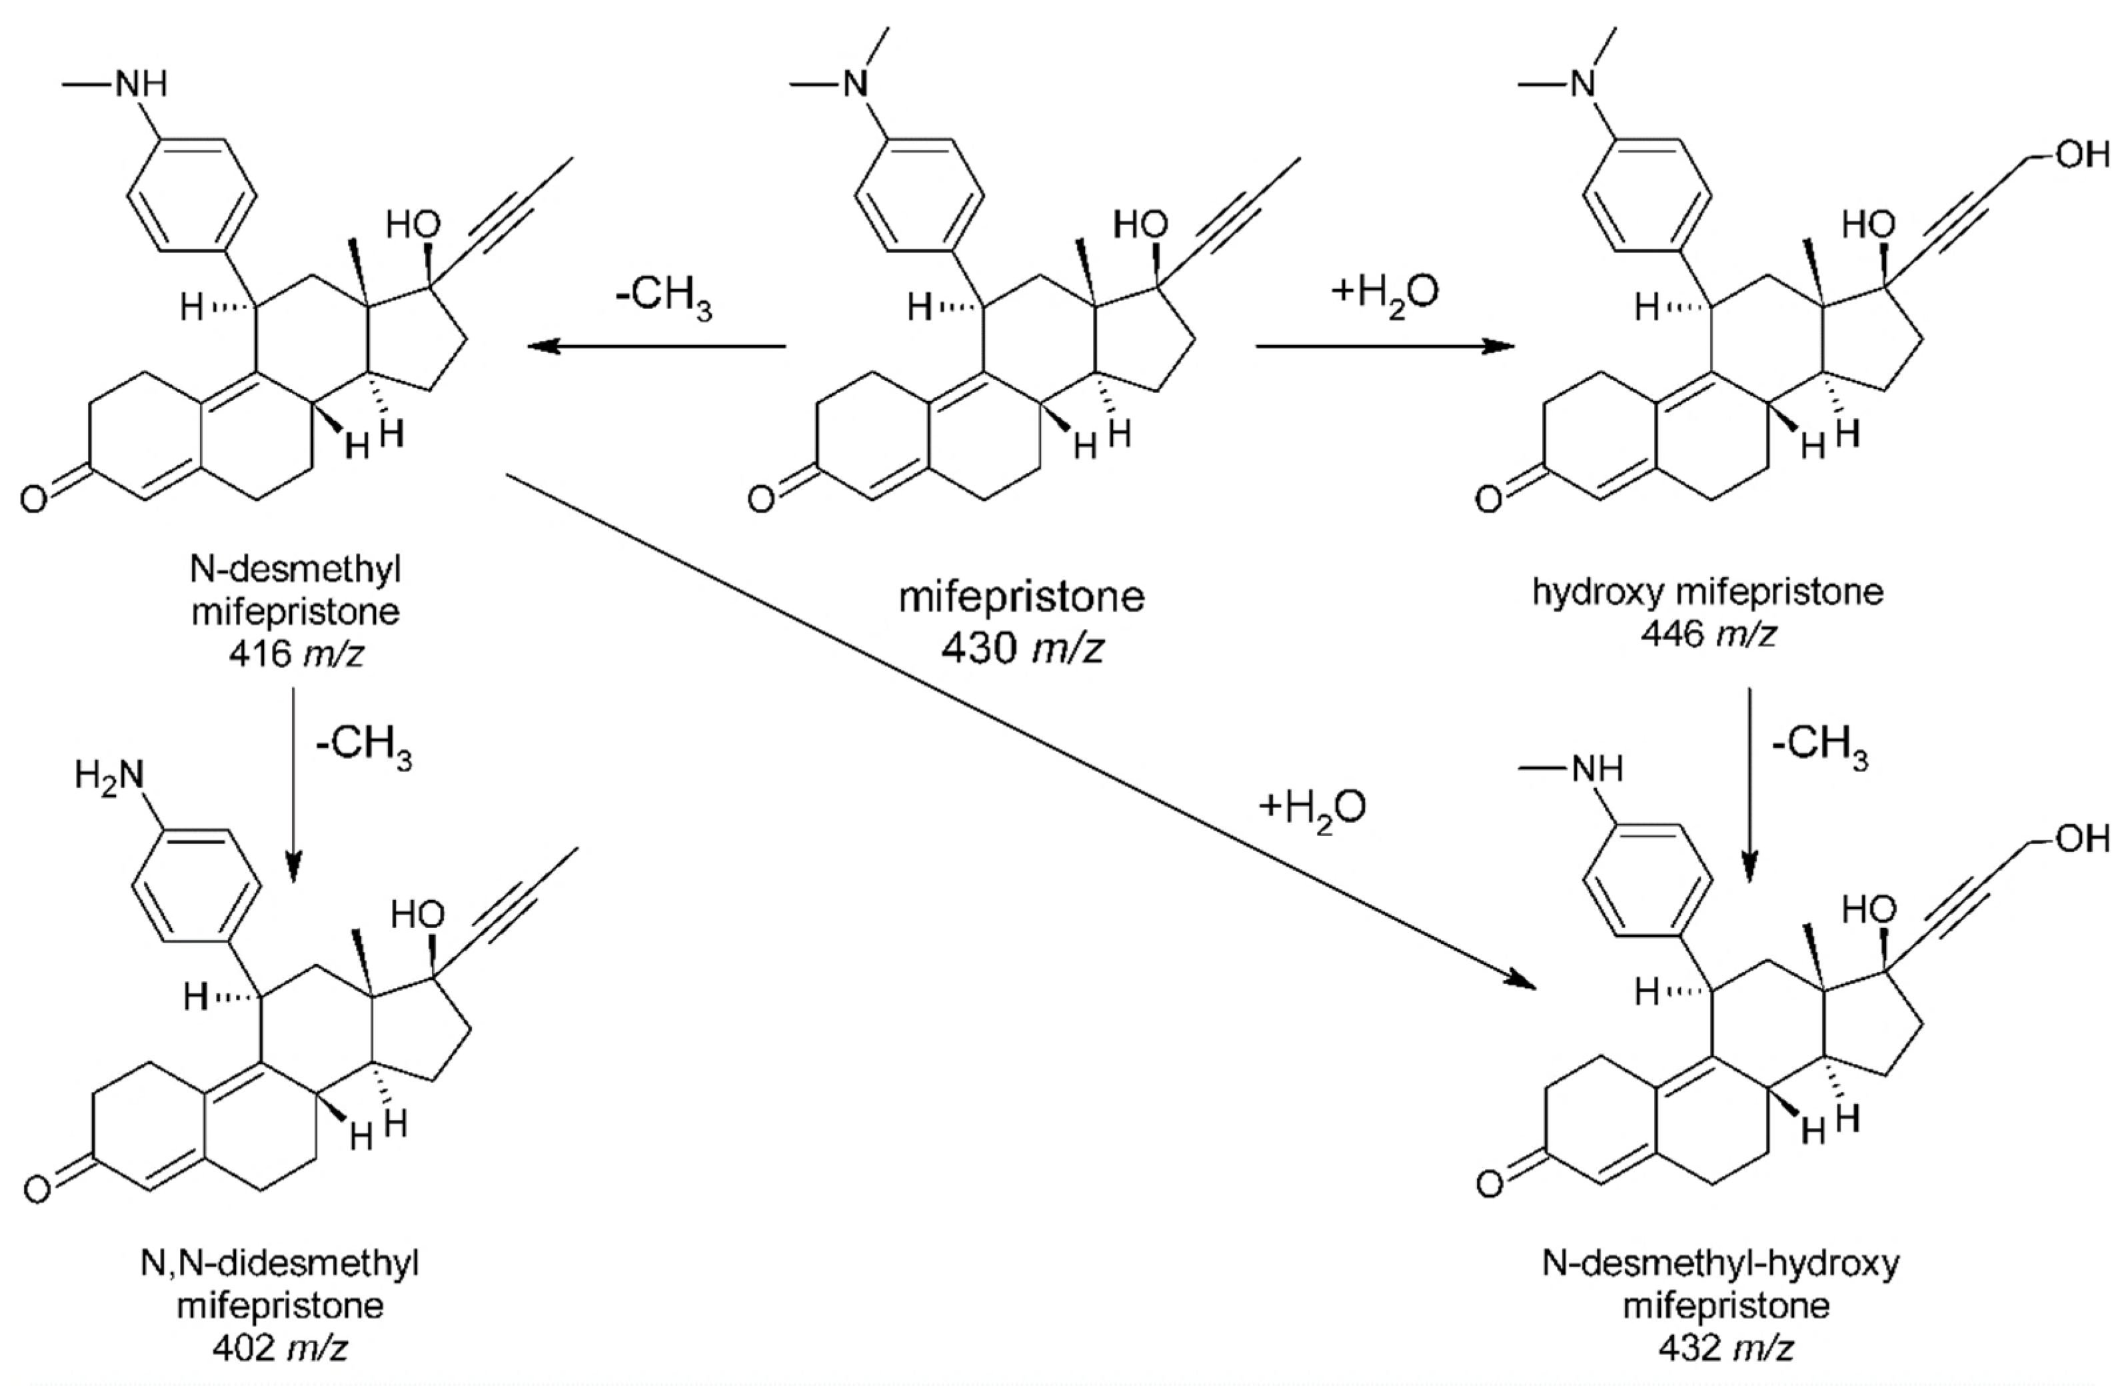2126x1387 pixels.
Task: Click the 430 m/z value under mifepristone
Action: (1021, 648)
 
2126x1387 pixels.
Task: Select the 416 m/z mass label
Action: (296, 655)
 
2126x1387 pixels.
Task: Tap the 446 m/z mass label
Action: (1707, 634)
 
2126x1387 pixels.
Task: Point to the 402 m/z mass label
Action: (280, 1348)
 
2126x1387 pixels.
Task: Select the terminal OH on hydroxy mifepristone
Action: (2082, 154)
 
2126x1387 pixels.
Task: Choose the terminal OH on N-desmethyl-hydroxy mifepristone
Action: (2082, 839)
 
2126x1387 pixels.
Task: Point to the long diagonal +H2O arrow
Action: (1018, 729)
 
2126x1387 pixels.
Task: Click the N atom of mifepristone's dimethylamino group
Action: (856, 85)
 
